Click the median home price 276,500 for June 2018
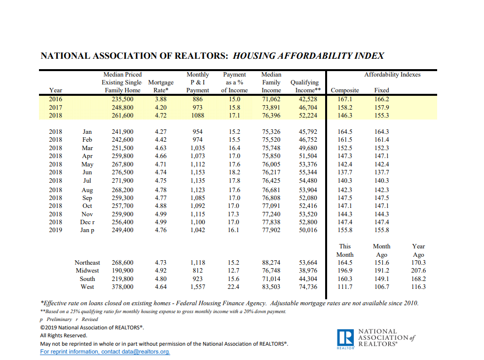[x=122, y=172]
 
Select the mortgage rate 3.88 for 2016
[x=161, y=99]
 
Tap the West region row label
[x=87, y=287]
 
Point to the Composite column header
[x=345, y=90]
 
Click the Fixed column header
[x=381, y=90]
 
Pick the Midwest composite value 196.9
[x=345, y=271]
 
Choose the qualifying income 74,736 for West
[x=308, y=287]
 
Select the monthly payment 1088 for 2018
[x=197, y=115]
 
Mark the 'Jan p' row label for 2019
[x=87, y=230]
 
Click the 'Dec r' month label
[x=87, y=222]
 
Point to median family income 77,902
[x=271, y=230]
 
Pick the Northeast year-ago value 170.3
[x=418, y=262]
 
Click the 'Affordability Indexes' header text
[x=392, y=75]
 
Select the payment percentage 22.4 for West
[x=233, y=287]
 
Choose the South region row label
[x=87, y=279]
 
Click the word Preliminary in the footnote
[x=59, y=319]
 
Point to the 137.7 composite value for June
[x=345, y=172]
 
